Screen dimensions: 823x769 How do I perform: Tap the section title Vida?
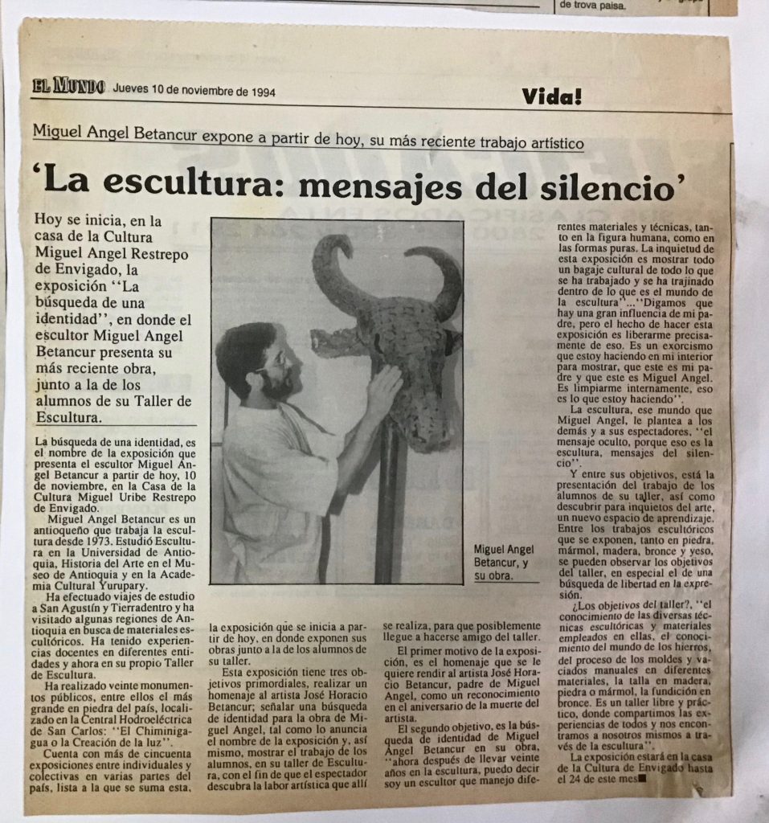pyautogui.click(x=551, y=96)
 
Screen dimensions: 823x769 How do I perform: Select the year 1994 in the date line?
pyautogui.click(x=260, y=91)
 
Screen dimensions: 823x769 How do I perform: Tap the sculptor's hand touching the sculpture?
pyautogui.click(x=384, y=385)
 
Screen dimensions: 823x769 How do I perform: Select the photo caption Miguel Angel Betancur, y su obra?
pyautogui.click(x=505, y=562)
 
